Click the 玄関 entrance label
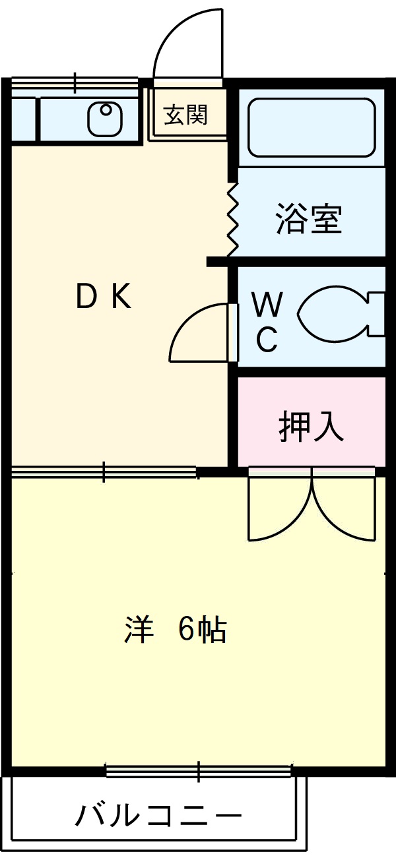point(185,115)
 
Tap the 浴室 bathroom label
point(308,219)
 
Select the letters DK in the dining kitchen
point(104,297)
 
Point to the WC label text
point(267,323)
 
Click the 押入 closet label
point(311,427)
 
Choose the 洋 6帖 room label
point(176,630)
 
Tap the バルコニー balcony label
point(158,816)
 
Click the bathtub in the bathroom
point(311,128)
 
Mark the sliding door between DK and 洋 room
point(104,472)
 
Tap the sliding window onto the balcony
point(198,771)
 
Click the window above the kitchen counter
point(75,83)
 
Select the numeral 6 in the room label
point(187,630)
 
